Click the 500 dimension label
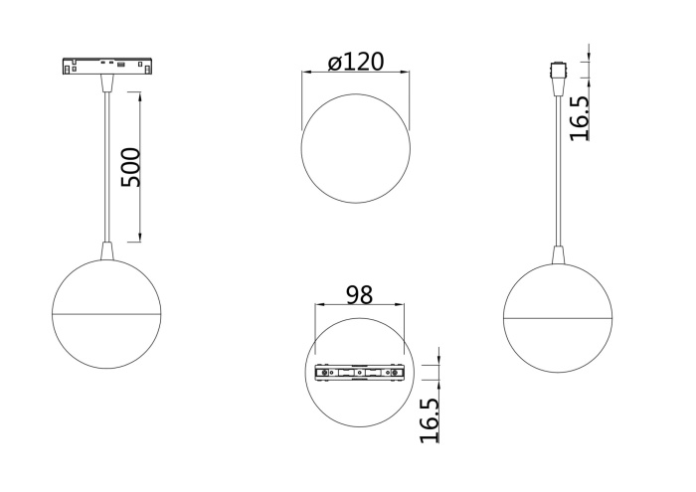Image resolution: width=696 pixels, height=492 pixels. pyautogui.click(x=130, y=167)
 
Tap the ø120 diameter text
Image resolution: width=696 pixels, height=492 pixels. pyautogui.click(x=355, y=62)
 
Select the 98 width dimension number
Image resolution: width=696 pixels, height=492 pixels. pyautogui.click(x=359, y=295)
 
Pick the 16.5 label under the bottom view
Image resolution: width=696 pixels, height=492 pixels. pyautogui.click(x=429, y=421)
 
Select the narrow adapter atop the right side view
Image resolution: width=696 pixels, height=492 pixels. pyautogui.click(x=557, y=74)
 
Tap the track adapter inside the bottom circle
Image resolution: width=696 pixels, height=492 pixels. pyautogui.click(x=359, y=373)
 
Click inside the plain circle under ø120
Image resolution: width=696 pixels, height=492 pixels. pyautogui.click(x=355, y=149)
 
